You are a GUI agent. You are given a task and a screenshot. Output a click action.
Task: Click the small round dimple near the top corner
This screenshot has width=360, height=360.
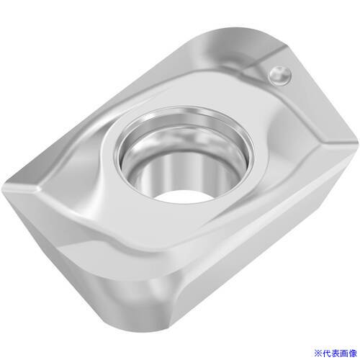pyautogui.click(x=280, y=76)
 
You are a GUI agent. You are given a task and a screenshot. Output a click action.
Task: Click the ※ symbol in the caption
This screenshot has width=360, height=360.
pyautogui.click(x=318, y=353)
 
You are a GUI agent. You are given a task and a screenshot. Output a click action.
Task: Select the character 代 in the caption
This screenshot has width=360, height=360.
pyautogui.click(x=326, y=353)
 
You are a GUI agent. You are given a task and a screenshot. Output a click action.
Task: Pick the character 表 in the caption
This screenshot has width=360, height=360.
pyautogui.click(x=335, y=353)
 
